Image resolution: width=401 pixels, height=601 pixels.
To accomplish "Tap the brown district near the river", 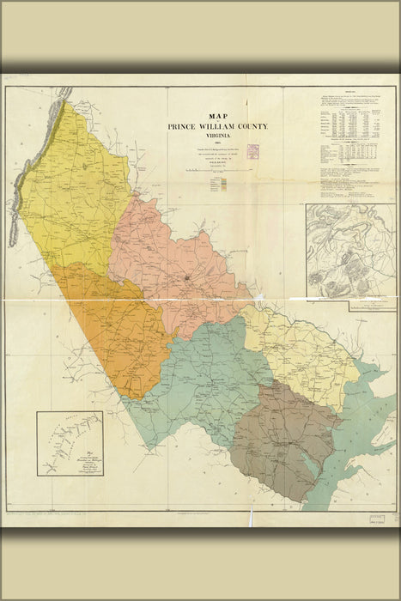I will [288, 438].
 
